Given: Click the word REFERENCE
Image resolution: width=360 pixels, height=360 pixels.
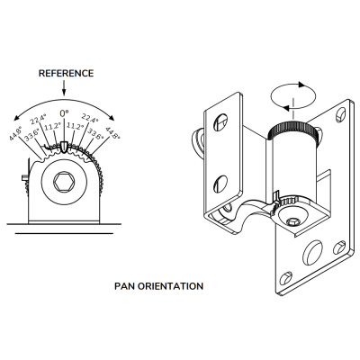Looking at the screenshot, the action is pyautogui.click(x=66, y=74).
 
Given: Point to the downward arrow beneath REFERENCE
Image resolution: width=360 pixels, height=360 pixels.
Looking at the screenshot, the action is pyautogui.click(x=64, y=88).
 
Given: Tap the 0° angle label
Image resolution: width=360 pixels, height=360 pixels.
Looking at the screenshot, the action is pyautogui.click(x=64, y=113).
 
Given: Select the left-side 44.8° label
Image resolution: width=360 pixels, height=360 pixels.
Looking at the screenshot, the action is pyautogui.click(x=15, y=134).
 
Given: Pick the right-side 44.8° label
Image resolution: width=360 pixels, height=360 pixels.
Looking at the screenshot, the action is pyautogui.click(x=112, y=133).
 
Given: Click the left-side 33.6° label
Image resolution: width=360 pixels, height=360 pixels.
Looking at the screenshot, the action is pyautogui.click(x=31, y=135).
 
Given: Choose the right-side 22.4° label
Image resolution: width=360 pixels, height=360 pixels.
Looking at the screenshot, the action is pyautogui.click(x=90, y=118).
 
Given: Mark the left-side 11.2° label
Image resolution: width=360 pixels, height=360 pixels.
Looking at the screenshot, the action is pyautogui.click(x=53, y=127).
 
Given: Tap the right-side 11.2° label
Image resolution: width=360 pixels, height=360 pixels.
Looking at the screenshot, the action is pyautogui.click(x=75, y=126).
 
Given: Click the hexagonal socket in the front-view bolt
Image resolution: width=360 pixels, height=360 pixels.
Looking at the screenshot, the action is pyautogui.click(x=64, y=181).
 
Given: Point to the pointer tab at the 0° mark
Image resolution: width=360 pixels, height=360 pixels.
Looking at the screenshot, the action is pyautogui.click(x=64, y=147).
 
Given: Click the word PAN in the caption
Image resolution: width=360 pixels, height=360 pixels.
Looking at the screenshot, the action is pyautogui.click(x=125, y=286).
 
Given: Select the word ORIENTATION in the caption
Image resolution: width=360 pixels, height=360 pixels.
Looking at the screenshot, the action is pyautogui.click(x=170, y=286).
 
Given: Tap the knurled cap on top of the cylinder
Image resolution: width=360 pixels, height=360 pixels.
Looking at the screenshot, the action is pyautogui.click(x=292, y=132).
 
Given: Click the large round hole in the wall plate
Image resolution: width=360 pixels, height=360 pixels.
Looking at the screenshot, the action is pyautogui.click(x=312, y=253).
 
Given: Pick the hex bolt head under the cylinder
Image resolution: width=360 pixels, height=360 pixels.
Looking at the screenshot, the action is pyautogui.click(x=293, y=221).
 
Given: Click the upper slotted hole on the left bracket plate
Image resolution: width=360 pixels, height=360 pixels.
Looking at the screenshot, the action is pyautogui.click(x=220, y=122).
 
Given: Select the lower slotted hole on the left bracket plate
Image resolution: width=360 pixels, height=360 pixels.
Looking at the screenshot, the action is pyautogui.click(x=220, y=184).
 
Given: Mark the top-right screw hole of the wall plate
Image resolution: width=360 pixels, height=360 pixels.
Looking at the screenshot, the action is pyautogui.click(x=341, y=114).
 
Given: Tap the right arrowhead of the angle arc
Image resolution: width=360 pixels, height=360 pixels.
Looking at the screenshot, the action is pyautogui.click(x=112, y=118).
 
